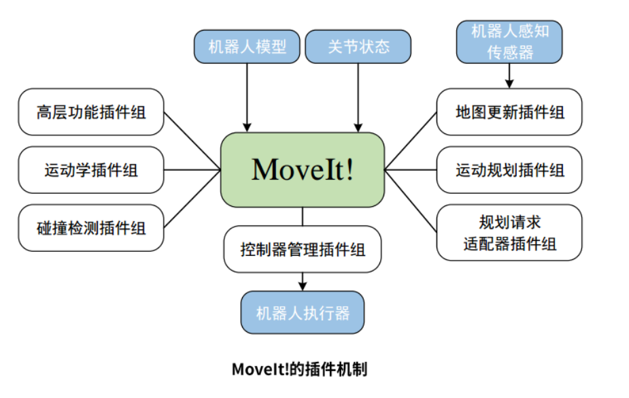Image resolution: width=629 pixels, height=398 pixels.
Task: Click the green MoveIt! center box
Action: (303, 169)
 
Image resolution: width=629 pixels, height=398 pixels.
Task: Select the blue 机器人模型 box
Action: (246, 46)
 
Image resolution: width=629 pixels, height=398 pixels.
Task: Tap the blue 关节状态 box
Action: (358, 46)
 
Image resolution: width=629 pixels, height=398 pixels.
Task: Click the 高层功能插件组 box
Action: (91, 112)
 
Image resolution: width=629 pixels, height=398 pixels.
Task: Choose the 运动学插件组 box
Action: (91, 169)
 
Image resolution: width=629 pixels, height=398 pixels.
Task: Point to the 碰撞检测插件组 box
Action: (91, 227)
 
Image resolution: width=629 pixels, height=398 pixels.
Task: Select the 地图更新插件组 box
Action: (509, 112)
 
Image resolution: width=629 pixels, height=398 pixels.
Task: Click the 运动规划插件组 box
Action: (509, 169)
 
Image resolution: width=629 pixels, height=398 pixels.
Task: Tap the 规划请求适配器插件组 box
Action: (509, 232)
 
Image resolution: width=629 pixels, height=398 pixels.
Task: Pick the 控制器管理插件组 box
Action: (303, 249)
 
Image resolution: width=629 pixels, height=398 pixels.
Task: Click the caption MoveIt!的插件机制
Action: (300, 369)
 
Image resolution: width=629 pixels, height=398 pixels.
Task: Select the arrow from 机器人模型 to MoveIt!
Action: (247, 96)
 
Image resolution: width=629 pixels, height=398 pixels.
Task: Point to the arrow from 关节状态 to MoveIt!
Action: (358, 96)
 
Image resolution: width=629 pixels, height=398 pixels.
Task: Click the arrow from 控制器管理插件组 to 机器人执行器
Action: (303, 281)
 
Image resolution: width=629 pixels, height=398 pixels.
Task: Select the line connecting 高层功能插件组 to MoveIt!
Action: (192, 139)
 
